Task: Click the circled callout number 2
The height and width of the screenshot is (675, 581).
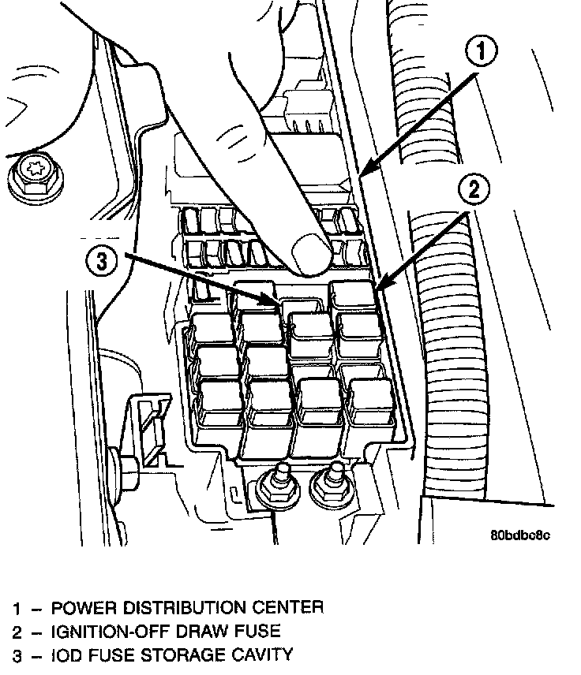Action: pyautogui.click(x=474, y=190)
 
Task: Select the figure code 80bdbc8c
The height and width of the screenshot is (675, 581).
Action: pyautogui.click(x=519, y=535)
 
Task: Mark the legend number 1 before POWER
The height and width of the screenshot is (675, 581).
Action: pyautogui.click(x=17, y=609)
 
